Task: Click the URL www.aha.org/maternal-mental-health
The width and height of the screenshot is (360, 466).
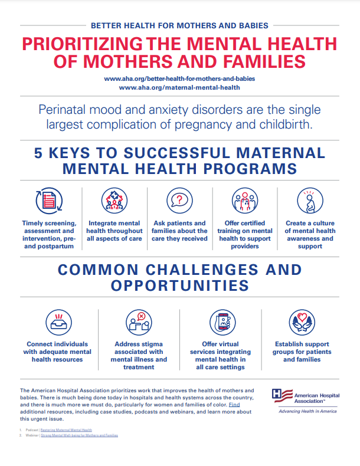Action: point(179,87)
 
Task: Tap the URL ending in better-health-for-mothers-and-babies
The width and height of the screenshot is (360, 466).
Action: point(179,78)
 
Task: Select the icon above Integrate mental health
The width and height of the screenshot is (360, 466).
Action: point(114,201)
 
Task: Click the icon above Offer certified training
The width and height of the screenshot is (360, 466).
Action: point(244,201)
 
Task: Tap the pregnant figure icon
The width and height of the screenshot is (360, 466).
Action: point(310,201)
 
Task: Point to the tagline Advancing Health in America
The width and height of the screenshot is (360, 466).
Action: point(307,411)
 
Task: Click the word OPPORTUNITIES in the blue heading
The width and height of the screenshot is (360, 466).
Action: point(179,287)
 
